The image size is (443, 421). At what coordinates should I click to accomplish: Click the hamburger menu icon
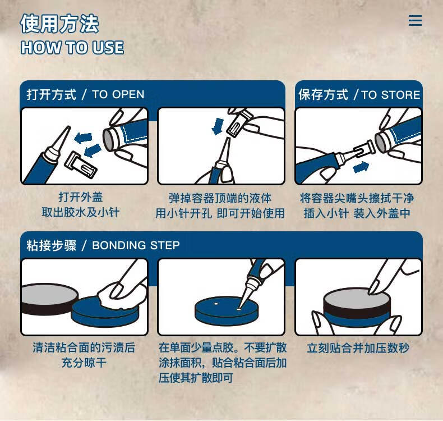pyautogui.click(x=415, y=21)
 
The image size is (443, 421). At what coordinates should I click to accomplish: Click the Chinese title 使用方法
pyautogui.click(x=59, y=24)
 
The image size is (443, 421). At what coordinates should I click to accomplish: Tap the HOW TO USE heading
pyautogui.click(x=72, y=48)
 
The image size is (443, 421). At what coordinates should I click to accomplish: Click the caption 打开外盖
pyautogui.click(x=81, y=198)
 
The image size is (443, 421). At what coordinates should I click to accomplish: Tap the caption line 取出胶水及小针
pyautogui.click(x=81, y=213)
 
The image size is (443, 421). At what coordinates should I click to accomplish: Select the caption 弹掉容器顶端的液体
pyautogui.click(x=220, y=198)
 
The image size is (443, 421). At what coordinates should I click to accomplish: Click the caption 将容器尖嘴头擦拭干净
pyautogui.click(x=357, y=198)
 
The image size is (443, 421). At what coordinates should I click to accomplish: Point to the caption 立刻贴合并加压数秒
pyautogui.click(x=358, y=348)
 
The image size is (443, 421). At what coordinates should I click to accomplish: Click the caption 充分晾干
pyautogui.click(x=84, y=363)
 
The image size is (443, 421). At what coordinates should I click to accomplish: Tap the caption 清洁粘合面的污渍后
pyautogui.click(x=84, y=348)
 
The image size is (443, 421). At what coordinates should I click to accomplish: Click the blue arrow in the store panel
pyautogui.click(x=361, y=166)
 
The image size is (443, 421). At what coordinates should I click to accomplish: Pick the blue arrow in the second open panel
pyautogui.click(x=218, y=126)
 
